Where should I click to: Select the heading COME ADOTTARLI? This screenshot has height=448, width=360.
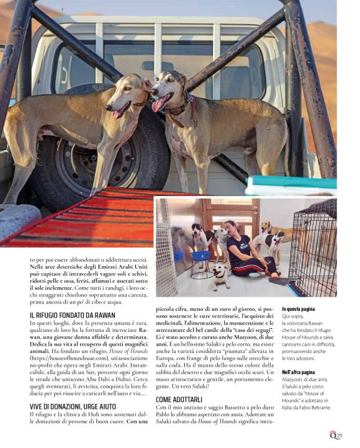click(x=179, y=400)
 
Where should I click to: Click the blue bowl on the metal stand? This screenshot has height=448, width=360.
click(x=200, y=255)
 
